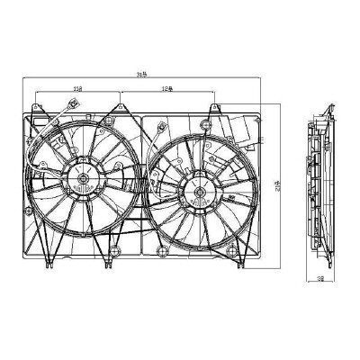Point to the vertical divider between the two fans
tap(140, 180)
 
